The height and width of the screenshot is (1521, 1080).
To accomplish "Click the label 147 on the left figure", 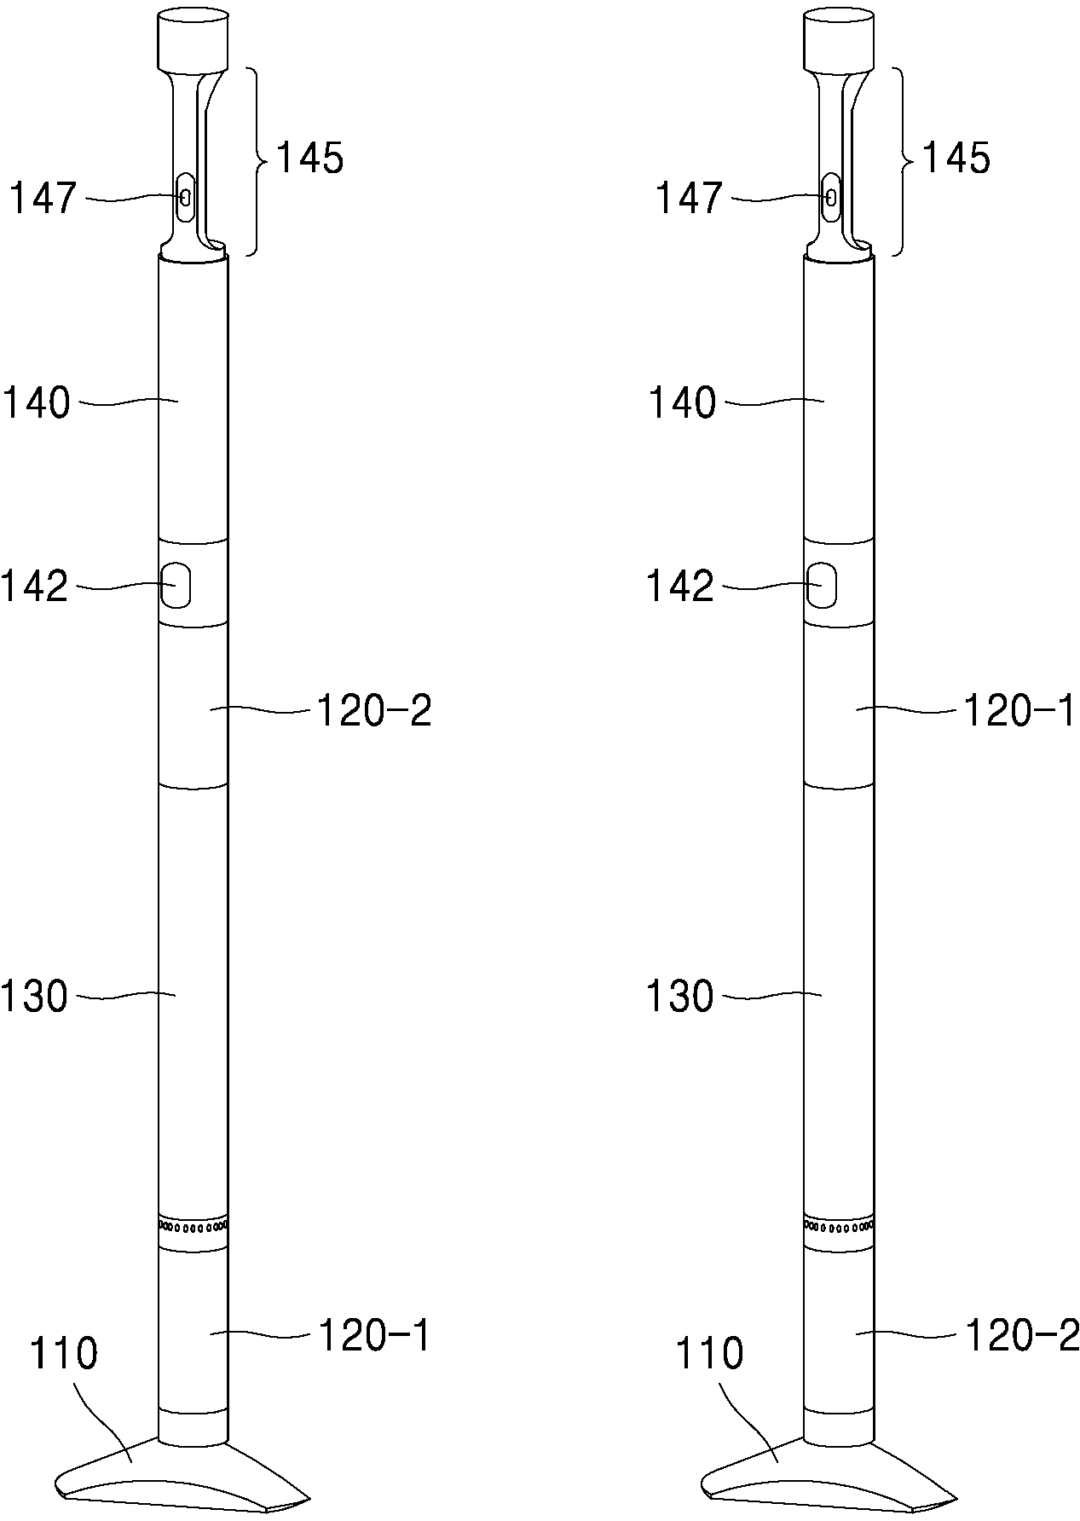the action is click(43, 200).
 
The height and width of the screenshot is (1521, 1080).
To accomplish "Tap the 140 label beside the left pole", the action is click(36, 402).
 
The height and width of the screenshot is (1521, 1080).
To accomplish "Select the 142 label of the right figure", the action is click(680, 587).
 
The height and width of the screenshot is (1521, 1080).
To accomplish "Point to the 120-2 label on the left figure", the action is click(374, 710).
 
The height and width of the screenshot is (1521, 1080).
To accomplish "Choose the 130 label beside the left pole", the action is click(34, 996).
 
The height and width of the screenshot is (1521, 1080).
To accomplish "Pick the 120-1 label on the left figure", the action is click(374, 1335).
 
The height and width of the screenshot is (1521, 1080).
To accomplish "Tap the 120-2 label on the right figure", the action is click(1021, 1335).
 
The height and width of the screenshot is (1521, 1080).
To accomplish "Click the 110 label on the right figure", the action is click(709, 1353).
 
